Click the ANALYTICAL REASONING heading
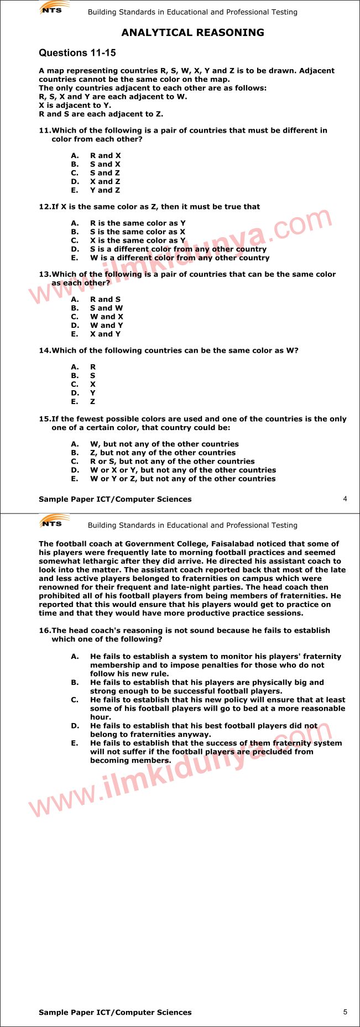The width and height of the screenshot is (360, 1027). (x=192, y=33)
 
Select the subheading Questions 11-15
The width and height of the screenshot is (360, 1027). (x=77, y=53)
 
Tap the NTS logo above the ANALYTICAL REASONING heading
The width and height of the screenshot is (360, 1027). (x=54, y=8)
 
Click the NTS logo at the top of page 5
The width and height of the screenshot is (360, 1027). (x=54, y=521)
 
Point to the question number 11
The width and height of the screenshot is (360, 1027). (x=44, y=130)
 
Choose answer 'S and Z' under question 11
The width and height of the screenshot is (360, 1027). (x=105, y=173)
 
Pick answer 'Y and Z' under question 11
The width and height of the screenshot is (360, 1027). (x=105, y=190)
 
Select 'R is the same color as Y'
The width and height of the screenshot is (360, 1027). (x=138, y=223)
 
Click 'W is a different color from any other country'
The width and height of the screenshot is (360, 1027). (x=180, y=258)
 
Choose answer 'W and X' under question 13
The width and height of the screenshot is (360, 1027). (x=106, y=317)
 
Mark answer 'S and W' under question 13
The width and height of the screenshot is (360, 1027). (x=106, y=308)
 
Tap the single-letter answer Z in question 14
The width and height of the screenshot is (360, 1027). (x=92, y=402)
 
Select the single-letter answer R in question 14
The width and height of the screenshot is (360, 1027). (x=92, y=367)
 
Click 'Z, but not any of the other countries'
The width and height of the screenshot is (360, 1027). (x=163, y=453)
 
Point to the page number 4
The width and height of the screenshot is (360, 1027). (x=345, y=499)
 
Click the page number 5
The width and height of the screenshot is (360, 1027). (x=345, y=1012)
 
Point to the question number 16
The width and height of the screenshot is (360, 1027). (x=44, y=631)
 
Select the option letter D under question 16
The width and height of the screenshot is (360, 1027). (x=75, y=726)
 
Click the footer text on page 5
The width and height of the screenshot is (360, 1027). (x=115, y=1013)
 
